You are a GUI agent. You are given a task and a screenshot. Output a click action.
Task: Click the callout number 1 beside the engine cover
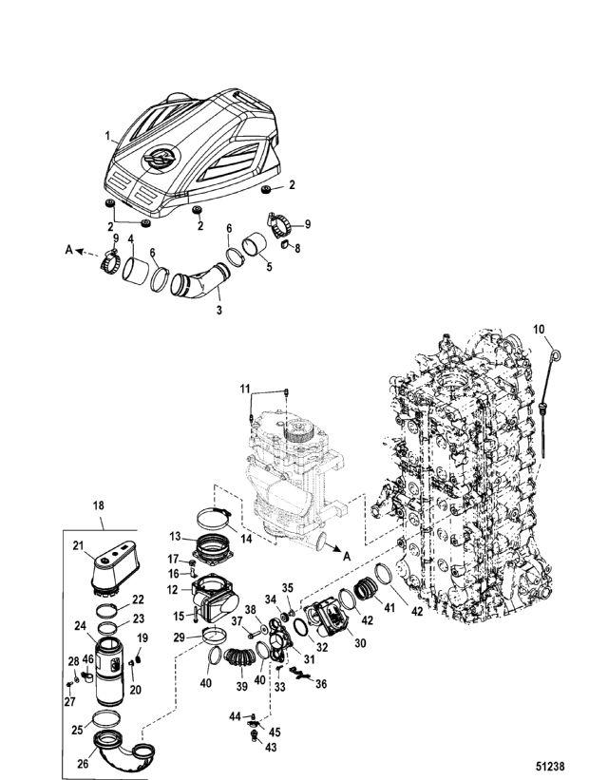click(x=107, y=135)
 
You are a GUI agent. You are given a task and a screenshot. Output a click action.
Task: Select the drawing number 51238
click(x=550, y=767)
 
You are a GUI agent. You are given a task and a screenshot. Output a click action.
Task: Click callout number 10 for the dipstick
click(x=539, y=330)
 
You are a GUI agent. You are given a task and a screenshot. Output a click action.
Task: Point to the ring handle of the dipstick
click(x=558, y=355)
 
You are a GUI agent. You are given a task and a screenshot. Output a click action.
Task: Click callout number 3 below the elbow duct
click(x=218, y=311)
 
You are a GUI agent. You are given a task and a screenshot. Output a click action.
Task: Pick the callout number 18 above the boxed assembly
click(x=99, y=505)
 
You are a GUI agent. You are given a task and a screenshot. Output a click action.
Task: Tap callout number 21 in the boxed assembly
click(x=78, y=545)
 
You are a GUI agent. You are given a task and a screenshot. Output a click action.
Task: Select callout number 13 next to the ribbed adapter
click(x=176, y=537)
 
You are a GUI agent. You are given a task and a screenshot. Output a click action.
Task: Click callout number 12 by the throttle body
click(x=173, y=590)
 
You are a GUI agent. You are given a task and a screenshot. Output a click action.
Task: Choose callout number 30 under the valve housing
click(x=360, y=643)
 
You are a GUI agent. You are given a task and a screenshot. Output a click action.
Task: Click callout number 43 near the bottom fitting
click(x=271, y=747)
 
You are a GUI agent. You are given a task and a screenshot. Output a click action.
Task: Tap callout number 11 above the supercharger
click(x=245, y=389)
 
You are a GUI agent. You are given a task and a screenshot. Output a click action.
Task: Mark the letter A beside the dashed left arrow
click(x=69, y=250)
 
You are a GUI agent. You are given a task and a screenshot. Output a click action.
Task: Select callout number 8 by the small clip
click(x=297, y=248)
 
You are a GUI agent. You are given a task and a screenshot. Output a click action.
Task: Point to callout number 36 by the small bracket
click(x=321, y=684)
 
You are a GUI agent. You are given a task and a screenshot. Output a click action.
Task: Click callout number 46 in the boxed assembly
click(x=88, y=659)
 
